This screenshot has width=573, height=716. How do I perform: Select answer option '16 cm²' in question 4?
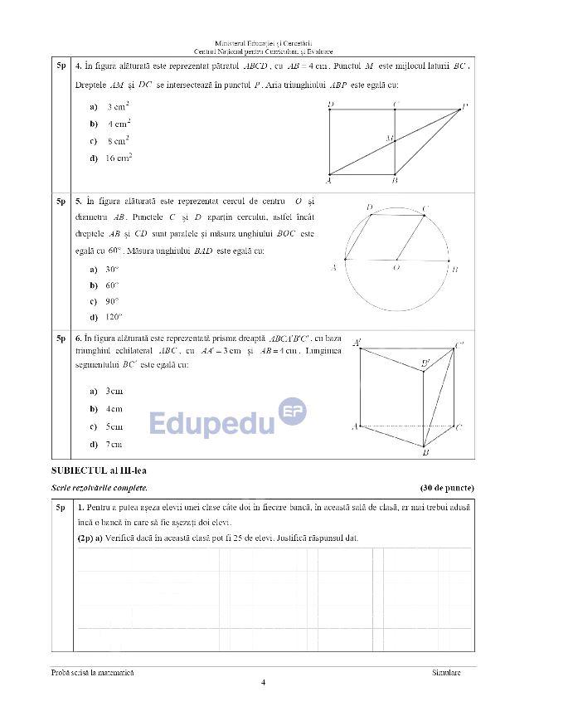pos(119,158)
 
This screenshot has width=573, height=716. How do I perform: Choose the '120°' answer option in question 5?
pos(113,317)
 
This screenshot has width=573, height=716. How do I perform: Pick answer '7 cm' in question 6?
pos(114,445)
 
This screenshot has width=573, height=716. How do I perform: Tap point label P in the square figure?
pos(465,106)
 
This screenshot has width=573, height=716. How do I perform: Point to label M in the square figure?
pos(388,139)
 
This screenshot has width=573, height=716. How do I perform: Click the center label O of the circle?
pos(396,268)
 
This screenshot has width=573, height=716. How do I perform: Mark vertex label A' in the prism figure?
pos(357,342)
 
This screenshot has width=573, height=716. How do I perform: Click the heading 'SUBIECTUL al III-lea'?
pos(92,471)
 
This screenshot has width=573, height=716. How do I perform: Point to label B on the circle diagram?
pos(455,269)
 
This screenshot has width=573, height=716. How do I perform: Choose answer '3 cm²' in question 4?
pos(117,107)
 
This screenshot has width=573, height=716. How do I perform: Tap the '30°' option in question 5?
pos(112,270)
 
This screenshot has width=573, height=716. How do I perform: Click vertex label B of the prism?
pos(425,454)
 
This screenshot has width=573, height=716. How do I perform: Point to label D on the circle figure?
pos(369,207)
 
